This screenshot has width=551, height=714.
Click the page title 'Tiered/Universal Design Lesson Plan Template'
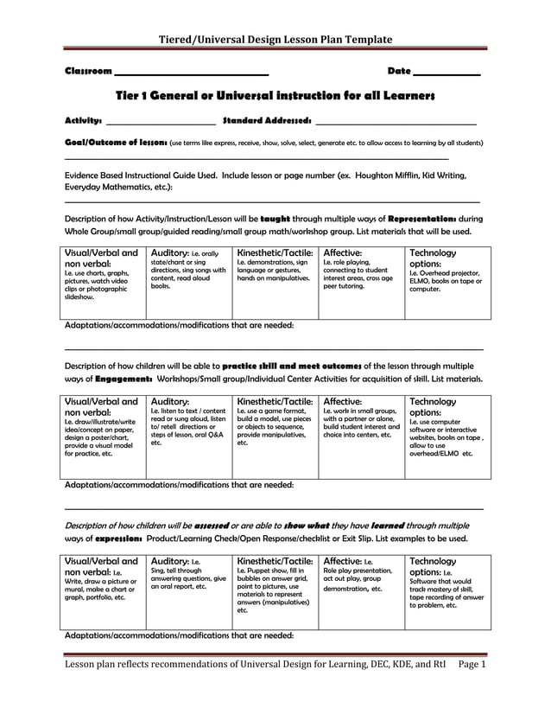click(x=276, y=39)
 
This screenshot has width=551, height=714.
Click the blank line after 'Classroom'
click(x=191, y=73)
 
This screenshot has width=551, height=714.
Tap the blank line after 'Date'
click(x=446, y=73)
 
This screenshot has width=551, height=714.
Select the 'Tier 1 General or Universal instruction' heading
click(x=275, y=94)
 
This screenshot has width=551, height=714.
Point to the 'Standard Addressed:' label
click(x=267, y=120)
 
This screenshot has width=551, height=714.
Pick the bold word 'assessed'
click(x=212, y=525)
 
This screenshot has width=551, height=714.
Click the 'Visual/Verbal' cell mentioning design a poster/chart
click(x=104, y=437)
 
